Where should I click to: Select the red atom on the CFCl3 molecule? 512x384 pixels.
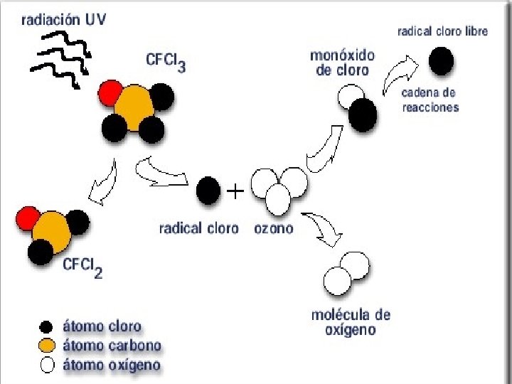(x=111, y=92)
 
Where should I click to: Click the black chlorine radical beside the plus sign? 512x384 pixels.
(x=208, y=190)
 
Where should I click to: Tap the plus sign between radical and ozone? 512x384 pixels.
(x=235, y=191)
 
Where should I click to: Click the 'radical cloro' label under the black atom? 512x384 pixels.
(x=198, y=229)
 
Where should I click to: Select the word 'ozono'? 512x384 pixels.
(x=273, y=229)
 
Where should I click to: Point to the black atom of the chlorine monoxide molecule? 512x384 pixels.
(x=363, y=113)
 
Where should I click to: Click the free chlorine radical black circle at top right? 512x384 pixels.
(x=441, y=61)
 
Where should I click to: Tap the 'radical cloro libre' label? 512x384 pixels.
(x=442, y=32)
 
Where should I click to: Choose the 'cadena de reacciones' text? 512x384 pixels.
(x=430, y=100)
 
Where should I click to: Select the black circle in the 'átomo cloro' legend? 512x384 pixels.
(x=47, y=328)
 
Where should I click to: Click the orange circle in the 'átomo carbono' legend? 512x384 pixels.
(x=47, y=346)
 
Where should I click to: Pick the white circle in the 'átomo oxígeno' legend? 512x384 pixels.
(x=47, y=366)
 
